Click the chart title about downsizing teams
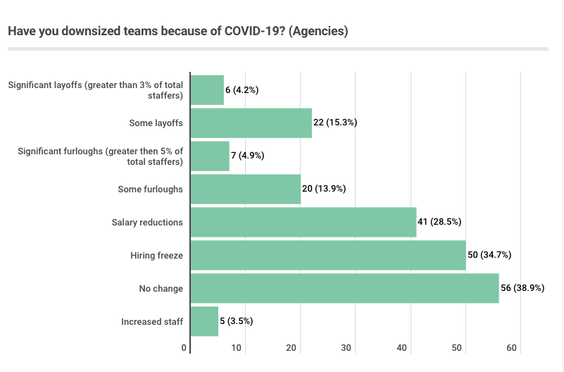pyautogui.click(x=177, y=32)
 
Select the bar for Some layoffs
pyautogui.click(x=251, y=123)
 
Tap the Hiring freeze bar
pyautogui.click(x=327, y=255)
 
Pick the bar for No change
pyautogui.click(x=344, y=288)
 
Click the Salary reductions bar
pyautogui.click(x=303, y=222)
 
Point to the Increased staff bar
pyautogui.click(x=204, y=321)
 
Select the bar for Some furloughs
pyautogui.click(x=245, y=189)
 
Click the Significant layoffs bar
pyautogui.click(x=207, y=89)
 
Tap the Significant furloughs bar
pyautogui.click(x=210, y=156)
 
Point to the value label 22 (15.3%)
pyautogui.click(x=335, y=123)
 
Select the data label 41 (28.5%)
pyautogui.click(x=439, y=222)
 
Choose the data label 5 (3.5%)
pyautogui.click(x=237, y=321)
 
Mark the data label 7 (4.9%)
pyautogui.click(x=247, y=156)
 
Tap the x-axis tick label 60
pyautogui.click(x=512, y=348)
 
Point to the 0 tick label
pyautogui.click(x=184, y=348)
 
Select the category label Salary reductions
pyautogui.click(x=147, y=222)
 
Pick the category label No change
pyautogui.click(x=161, y=288)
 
